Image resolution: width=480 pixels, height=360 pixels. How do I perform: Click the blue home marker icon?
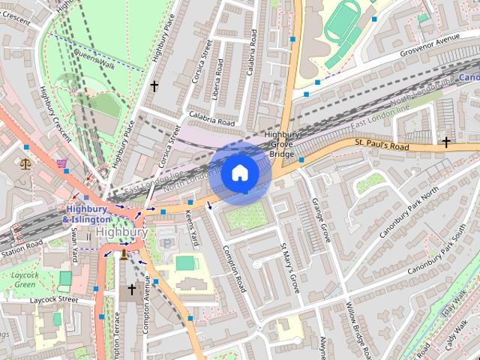239,173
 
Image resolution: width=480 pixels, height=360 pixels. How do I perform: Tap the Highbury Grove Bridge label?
281,144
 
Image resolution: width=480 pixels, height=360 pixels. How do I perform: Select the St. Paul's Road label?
382,142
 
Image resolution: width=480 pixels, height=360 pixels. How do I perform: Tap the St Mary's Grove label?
289,267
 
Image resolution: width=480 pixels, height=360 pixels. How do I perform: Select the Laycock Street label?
56,300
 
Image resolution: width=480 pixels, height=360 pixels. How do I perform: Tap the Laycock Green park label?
25,280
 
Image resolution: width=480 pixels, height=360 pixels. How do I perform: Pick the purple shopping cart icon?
61,162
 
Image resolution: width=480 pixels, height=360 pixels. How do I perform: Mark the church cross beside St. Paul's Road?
446,141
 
